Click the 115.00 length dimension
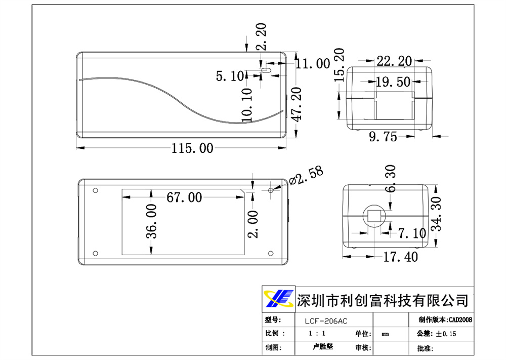click(x=192, y=148)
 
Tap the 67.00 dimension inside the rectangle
click(x=184, y=197)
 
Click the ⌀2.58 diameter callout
click(x=306, y=176)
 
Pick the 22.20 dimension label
click(x=394, y=61)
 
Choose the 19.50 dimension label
click(x=393, y=82)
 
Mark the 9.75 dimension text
click(x=383, y=136)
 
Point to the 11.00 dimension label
click(x=313, y=63)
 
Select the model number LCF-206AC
click(x=326, y=321)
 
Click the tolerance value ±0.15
click(x=446, y=334)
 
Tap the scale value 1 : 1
click(x=317, y=334)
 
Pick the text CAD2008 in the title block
click(x=460, y=320)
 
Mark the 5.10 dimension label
click(x=230, y=76)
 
